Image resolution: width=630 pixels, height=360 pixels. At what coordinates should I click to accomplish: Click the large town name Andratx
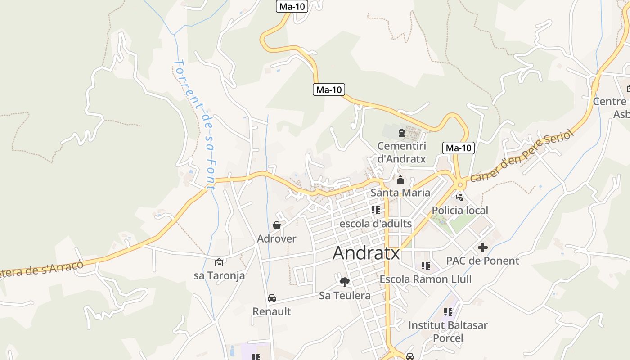click(366, 253)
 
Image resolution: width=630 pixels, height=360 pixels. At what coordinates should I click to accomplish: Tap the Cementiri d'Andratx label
click(401, 152)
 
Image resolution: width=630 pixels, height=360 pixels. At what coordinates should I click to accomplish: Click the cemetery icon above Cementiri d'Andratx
click(401, 133)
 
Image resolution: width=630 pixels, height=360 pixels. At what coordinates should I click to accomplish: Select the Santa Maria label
click(400, 193)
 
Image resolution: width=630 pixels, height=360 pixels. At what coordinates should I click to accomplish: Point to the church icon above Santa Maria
click(400, 180)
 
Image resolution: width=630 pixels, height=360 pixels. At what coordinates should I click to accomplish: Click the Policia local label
click(459, 210)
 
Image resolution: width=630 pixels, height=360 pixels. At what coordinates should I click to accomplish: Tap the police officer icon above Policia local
click(460, 197)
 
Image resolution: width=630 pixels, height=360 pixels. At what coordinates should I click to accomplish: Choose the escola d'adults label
click(375, 223)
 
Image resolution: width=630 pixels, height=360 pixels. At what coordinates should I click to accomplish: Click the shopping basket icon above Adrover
click(277, 225)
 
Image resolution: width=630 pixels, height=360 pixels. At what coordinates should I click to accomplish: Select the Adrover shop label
click(276, 238)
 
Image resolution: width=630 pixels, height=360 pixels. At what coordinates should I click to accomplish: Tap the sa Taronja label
click(219, 275)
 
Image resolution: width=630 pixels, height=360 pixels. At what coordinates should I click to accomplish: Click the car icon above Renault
click(272, 298)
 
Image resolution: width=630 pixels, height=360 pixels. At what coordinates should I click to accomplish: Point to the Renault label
click(271, 311)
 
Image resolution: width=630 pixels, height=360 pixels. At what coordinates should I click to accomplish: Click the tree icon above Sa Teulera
click(345, 282)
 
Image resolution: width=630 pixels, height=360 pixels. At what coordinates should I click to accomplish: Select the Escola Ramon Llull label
click(425, 279)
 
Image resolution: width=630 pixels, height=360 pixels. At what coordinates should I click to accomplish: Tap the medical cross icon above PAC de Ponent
click(483, 247)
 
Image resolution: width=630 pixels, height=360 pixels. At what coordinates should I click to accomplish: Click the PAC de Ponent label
click(482, 261)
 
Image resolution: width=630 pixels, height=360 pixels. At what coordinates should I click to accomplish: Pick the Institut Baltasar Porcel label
click(448, 331)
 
